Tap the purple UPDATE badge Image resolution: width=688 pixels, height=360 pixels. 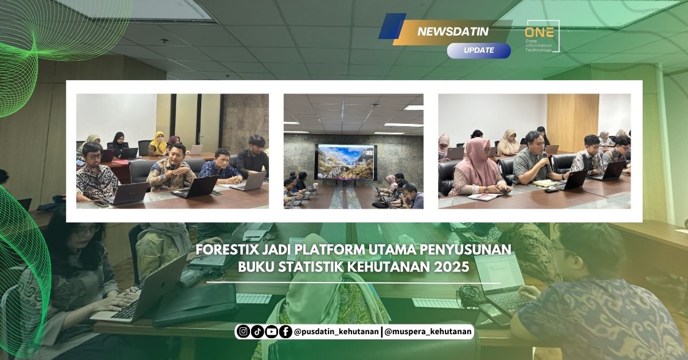click(x=479, y=50)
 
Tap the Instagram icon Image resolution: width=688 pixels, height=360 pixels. click(x=243, y=331)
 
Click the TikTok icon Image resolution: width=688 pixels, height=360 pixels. click(x=257, y=331)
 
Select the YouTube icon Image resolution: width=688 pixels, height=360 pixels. click(x=271, y=331)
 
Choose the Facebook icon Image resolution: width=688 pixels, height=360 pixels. click(x=285, y=331)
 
